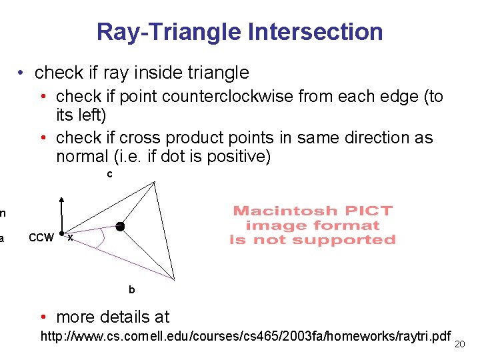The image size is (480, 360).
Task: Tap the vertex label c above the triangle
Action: click(x=110, y=175)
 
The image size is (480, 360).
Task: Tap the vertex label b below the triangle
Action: click(x=131, y=290)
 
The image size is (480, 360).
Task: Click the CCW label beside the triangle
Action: click(x=41, y=238)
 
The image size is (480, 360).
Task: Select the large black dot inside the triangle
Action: click(x=120, y=227)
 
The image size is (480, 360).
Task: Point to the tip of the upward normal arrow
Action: click(x=61, y=198)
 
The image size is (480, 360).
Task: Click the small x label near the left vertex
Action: click(x=71, y=238)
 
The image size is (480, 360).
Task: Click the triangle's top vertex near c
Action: click(x=154, y=182)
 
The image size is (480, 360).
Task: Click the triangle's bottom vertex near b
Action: click(x=174, y=279)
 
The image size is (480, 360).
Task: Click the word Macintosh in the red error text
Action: click(x=279, y=211)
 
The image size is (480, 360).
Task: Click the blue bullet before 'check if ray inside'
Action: click(x=22, y=72)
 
